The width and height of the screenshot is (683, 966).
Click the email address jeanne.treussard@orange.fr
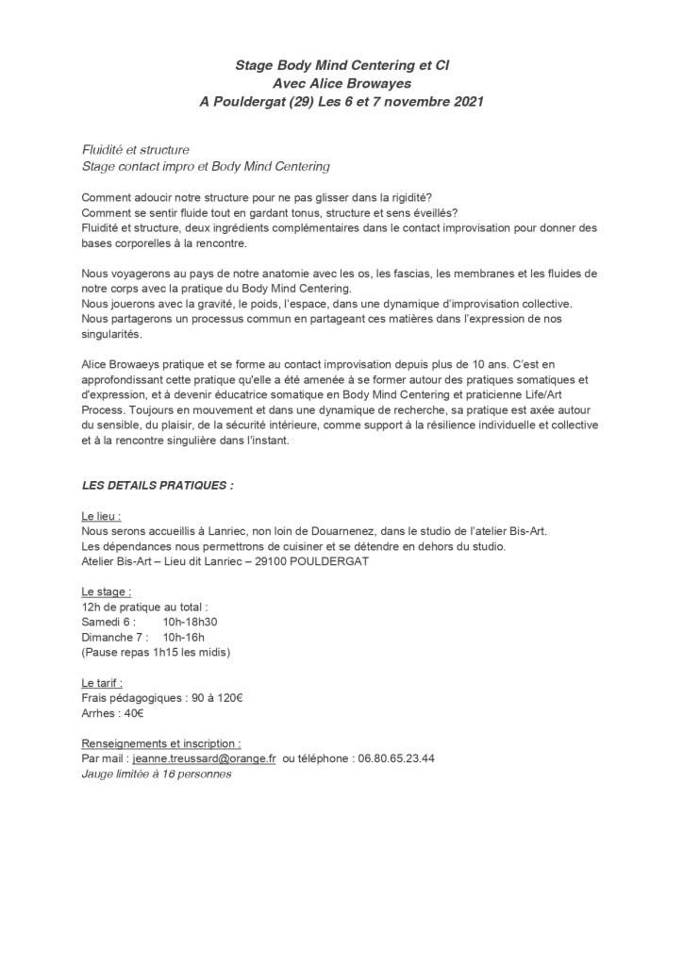point(204,758)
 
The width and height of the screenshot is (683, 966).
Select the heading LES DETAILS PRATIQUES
point(158,485)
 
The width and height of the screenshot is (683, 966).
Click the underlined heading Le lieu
point(102,517)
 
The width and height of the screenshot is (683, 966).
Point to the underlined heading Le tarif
point(103,682)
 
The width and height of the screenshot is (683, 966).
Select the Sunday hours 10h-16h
point(184,638)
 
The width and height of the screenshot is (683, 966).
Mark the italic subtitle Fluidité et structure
point(136,151)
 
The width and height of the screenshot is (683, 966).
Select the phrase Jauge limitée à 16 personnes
point(157,774)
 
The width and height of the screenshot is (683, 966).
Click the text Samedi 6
point(108,623)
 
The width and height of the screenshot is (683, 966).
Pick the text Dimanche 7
point(115,638)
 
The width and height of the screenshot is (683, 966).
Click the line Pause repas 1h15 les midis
point(157,653)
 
